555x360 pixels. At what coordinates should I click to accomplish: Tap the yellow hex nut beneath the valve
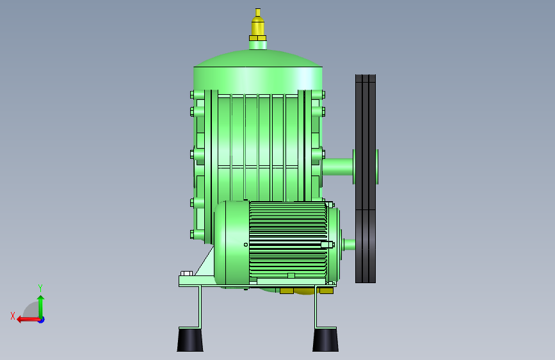(258, 38)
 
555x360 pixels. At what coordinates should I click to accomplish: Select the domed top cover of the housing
(258, 58)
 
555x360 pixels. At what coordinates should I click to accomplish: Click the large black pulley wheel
(366, 179)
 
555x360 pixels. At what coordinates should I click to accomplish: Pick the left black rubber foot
(190, 340)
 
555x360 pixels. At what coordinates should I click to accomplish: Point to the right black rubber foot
(325, 340)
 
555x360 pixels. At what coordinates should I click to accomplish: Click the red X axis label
(13, 316)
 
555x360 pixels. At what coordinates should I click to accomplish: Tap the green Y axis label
(40, 288)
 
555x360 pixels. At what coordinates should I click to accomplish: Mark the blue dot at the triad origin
(42, 320)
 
